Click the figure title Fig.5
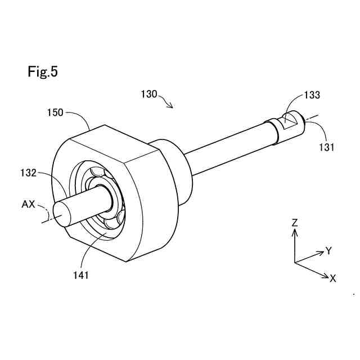[x=42, y=71]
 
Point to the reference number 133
[x=312, y=95]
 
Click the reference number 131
[x=326, y=147]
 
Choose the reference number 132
[x=26, y=173]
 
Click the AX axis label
[x=29, y=204]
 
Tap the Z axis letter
[x=294, y=223]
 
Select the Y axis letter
[x=328, y=251]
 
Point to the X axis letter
[x=333, y=278]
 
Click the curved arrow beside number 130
[x=167, y=102]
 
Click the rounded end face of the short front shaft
[x=60, y=213]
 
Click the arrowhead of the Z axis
[x=294, y=232]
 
